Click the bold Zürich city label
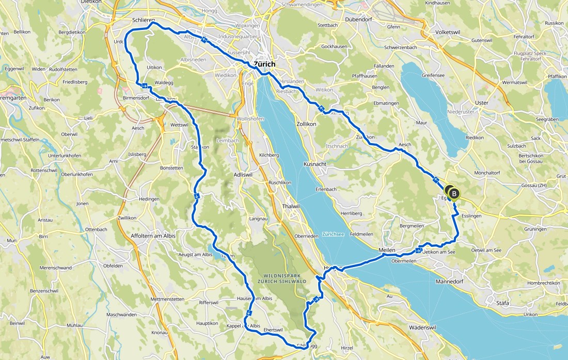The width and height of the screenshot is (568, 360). [x=265, y=64]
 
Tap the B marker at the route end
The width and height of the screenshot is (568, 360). [x=454, y=194]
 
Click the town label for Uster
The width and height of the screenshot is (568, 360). [x=481, y=103]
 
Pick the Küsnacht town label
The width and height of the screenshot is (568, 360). [x=314, y=164]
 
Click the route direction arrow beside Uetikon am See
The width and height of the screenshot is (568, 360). [x=418, y=251]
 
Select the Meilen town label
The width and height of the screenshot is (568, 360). [x=387, y=250]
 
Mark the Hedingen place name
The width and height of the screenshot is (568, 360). [x=149, y=199]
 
